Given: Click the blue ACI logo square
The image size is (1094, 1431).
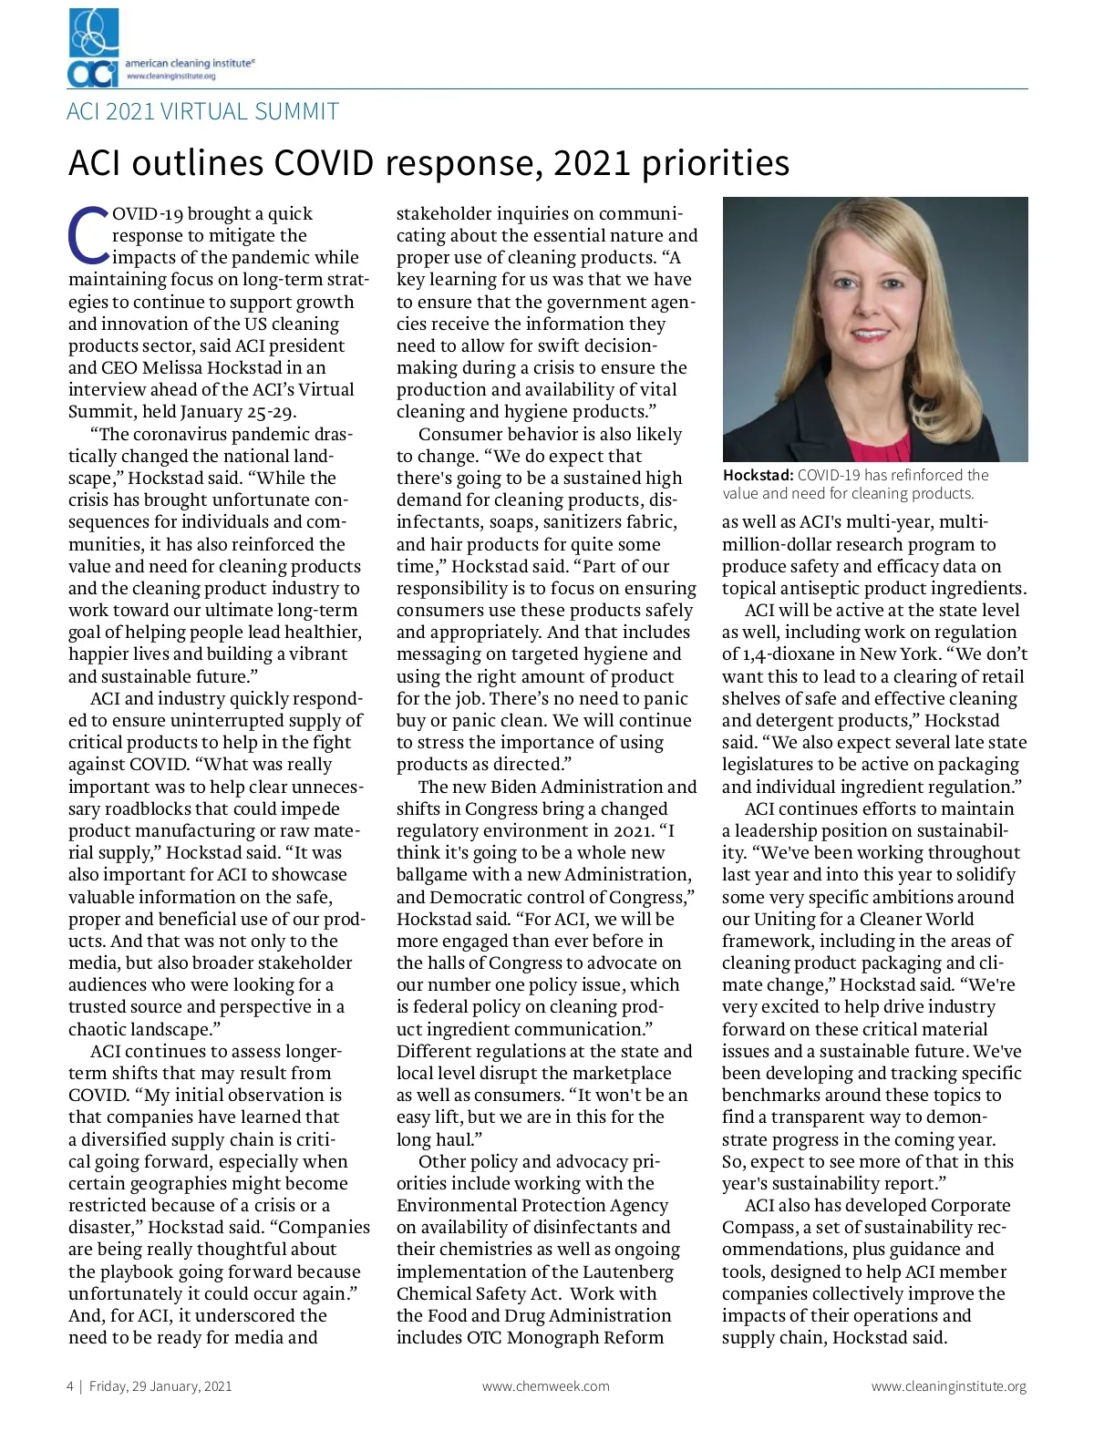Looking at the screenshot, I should click(94, 46).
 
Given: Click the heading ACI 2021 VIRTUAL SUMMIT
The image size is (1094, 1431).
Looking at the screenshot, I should click(203, 112).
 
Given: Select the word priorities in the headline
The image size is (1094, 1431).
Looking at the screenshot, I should click(715, 164).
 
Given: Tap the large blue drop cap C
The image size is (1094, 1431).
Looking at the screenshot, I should click(88, 234).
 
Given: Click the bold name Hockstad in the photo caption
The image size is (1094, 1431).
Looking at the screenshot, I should click(758, 475).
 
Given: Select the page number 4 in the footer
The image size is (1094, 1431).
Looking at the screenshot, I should click(70, 1386).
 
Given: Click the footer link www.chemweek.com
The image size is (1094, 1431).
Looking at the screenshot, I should click(545, 1386).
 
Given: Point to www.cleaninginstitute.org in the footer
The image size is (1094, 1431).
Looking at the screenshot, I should click(948, 1386).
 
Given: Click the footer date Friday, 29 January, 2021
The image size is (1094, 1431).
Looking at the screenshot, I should click(160, 1386).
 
